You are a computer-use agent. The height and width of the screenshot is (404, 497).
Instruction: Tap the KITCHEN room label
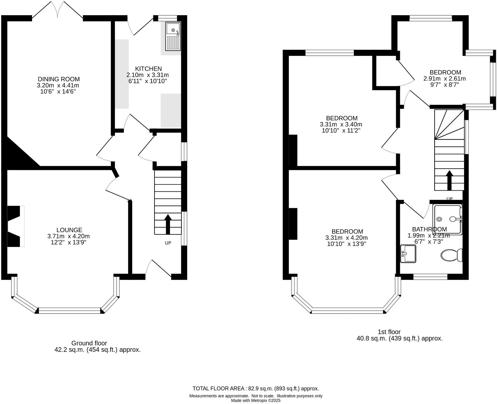148,69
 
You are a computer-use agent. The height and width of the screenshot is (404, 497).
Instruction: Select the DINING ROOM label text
59,79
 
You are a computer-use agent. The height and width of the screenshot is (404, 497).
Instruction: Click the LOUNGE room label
69,230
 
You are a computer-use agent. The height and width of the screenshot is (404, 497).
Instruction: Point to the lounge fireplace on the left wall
15,226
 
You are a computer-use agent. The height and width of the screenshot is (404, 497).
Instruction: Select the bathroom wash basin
408,253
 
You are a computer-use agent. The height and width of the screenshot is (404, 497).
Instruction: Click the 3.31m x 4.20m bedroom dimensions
346,238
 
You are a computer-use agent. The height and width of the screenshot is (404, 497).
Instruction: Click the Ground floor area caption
97,346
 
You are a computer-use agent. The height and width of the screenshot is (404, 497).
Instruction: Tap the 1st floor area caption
399,335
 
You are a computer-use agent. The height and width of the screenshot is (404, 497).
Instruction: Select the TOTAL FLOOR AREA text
256,389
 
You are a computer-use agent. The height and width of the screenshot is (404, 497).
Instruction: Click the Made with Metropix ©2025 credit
256,400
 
